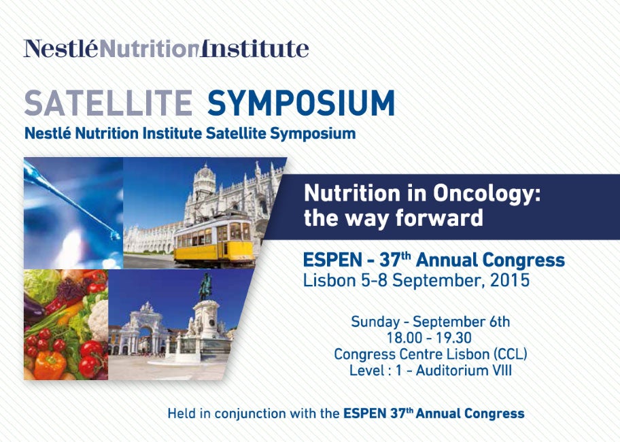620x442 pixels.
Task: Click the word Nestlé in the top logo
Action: click(x=61, y=49)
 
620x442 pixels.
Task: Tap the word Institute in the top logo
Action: click(x=255, y=49)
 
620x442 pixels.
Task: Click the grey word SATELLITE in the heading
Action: click(x=108, y=103)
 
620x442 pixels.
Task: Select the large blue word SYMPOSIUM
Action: click(x=301, y=103)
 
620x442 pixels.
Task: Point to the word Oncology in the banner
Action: click(x=487, y=194)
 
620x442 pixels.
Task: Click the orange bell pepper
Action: click(x=50, y=364)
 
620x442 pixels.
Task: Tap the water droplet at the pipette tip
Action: click(x=115, y=236)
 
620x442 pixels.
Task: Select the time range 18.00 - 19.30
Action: click(x=429, y=338)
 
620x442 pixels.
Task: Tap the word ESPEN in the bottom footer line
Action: click(x=364, y=413)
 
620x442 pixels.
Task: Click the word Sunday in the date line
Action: click(x=375, y=322)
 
